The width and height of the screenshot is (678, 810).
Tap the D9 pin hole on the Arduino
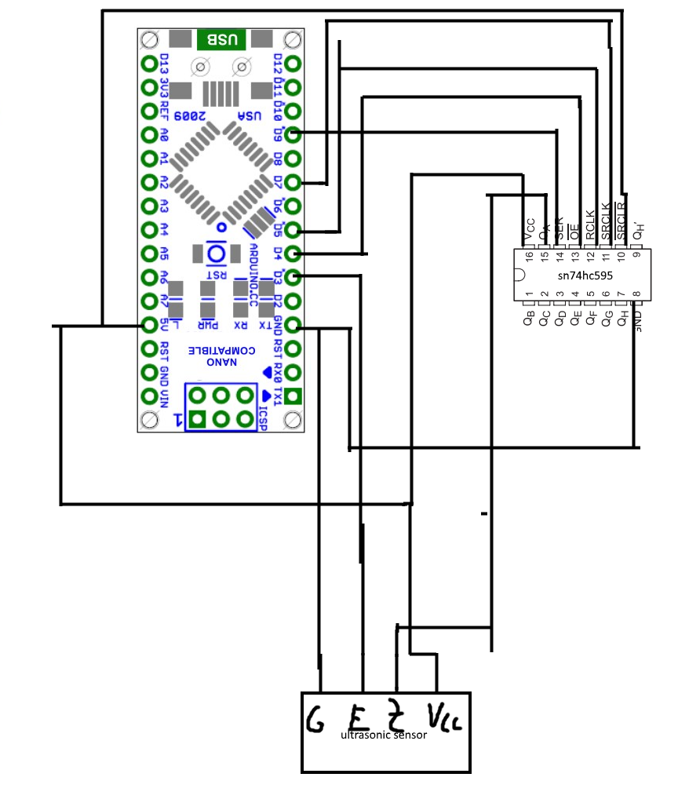[293, 134]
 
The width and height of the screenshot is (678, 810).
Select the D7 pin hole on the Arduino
[293, 182]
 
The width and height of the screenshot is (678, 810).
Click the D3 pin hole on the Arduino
[293, 277]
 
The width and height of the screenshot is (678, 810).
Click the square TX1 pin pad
[293, 396]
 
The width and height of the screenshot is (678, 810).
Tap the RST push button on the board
[214, 254]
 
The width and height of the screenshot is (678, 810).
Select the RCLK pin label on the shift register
[589, 225]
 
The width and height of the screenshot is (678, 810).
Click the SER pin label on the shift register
[560, 228]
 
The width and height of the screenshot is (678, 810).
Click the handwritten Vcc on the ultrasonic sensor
[444, 716]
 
